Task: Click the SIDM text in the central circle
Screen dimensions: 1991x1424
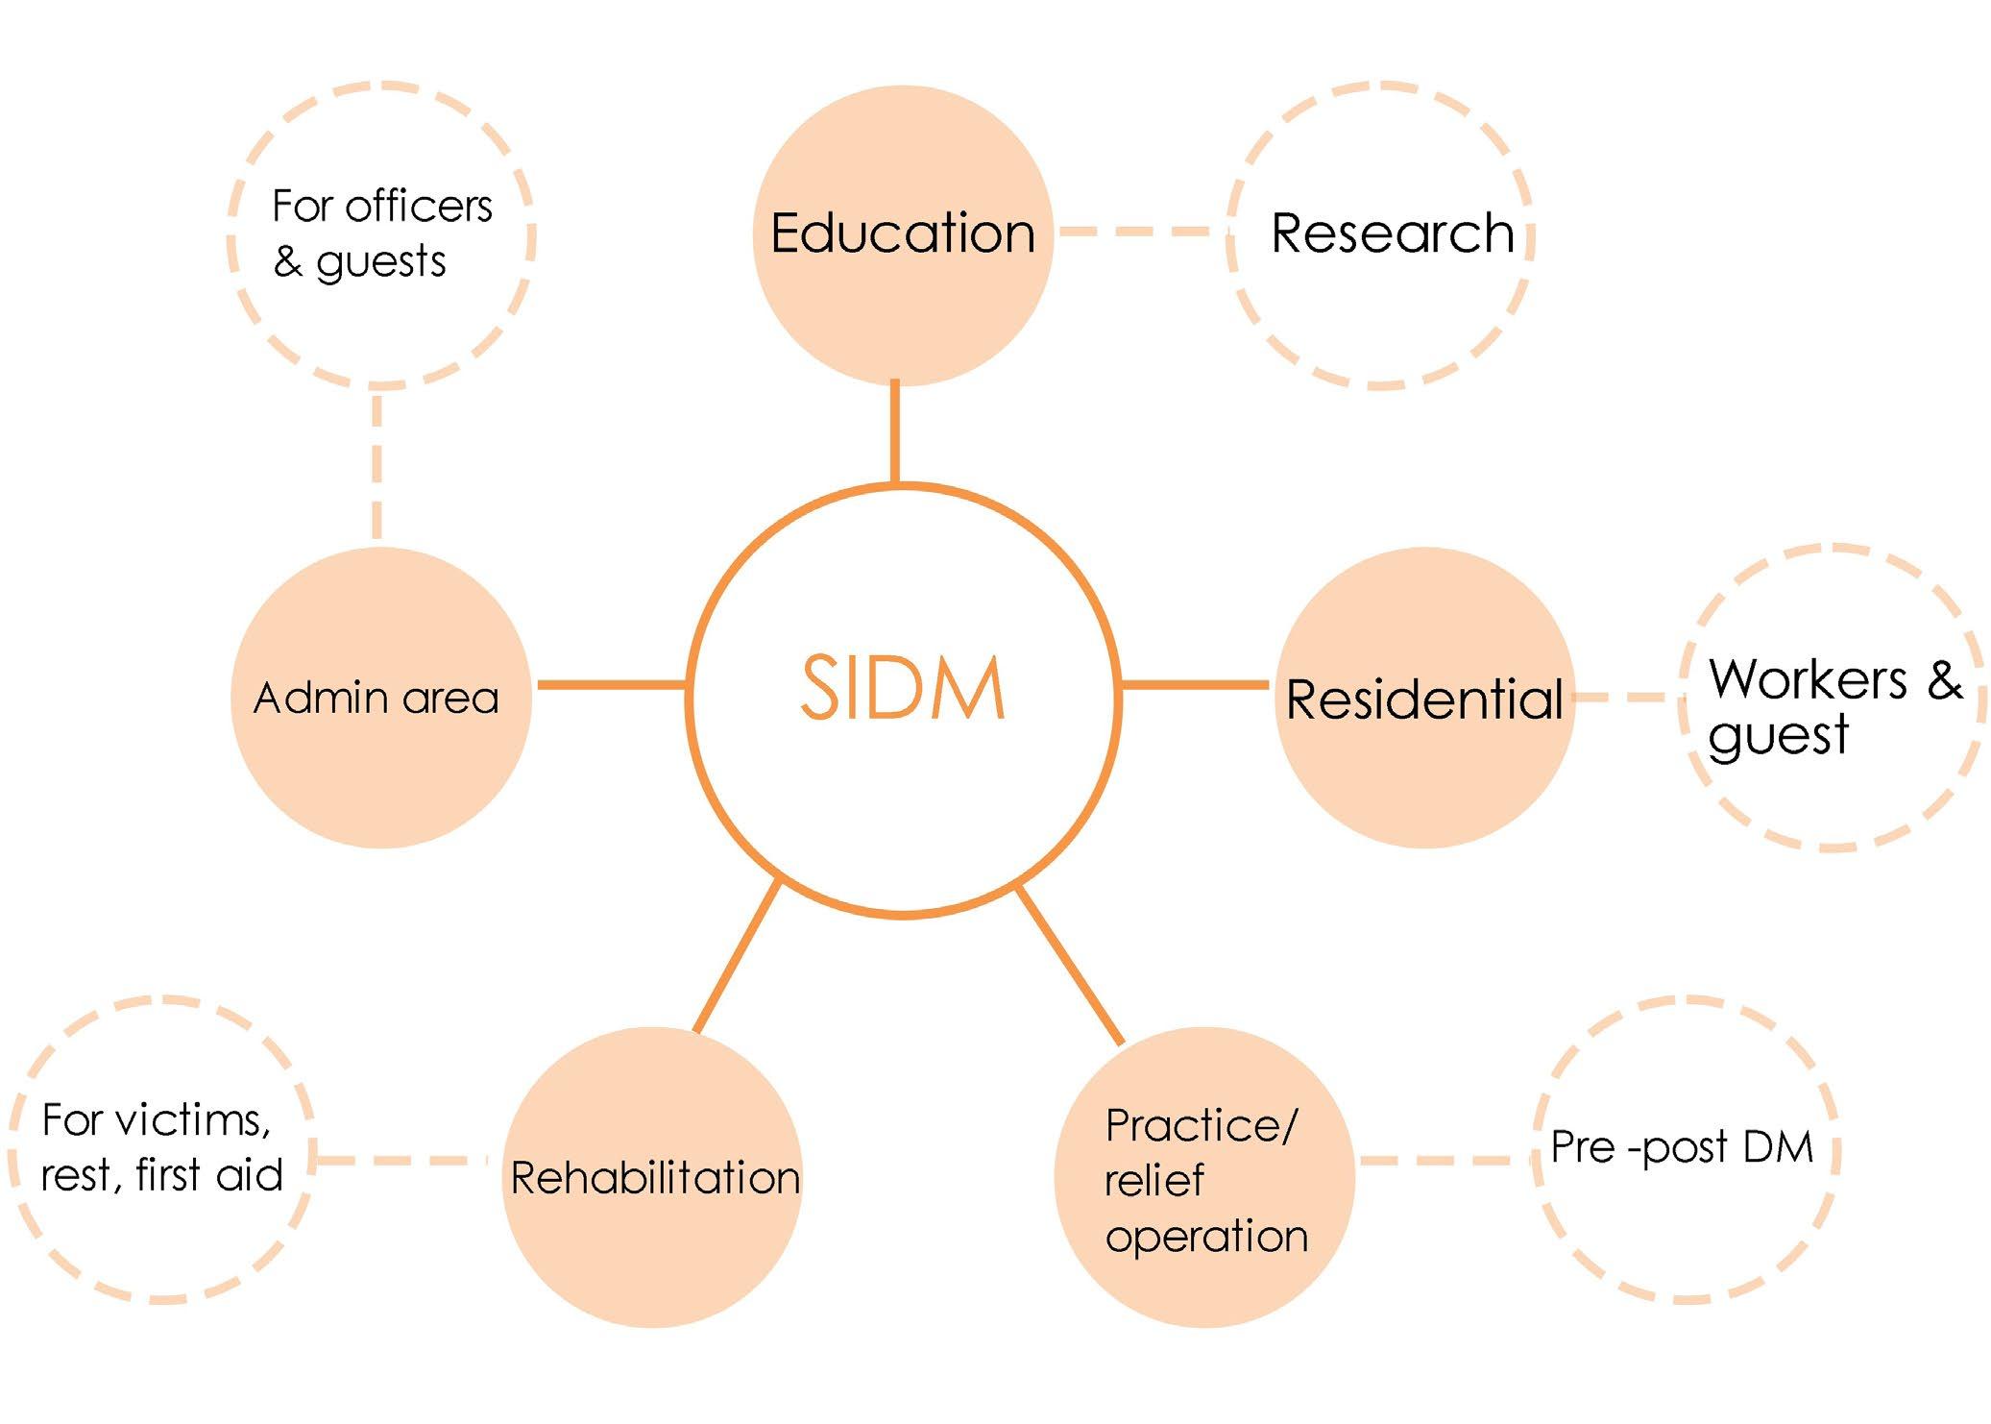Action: point(902,688)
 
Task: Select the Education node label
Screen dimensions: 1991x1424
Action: point(903,233)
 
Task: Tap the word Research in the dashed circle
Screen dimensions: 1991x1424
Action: point(1392,233)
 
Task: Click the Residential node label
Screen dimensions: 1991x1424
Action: point(1424,699)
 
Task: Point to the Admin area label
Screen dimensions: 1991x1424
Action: point(376,699)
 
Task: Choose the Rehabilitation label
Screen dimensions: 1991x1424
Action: point(655,1178)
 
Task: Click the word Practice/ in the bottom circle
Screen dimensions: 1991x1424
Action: point(1201,1125)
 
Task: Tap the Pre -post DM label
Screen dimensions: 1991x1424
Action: point(1682,1146)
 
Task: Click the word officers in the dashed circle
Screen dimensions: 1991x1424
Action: point(418,206)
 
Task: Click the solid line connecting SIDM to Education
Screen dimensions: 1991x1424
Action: point(895,432)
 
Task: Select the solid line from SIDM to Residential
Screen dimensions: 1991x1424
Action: point(1196,685)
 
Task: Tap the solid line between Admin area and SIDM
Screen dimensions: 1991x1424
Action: point(611,685)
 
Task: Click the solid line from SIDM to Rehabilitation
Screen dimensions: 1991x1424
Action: point(736,957)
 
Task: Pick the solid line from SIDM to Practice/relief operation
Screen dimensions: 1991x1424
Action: point(1069,965)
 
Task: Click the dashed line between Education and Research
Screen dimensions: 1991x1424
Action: point(1139,232)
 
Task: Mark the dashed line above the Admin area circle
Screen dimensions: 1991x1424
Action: point(376,466)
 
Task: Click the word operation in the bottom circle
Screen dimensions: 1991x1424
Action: point(1206,1236)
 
